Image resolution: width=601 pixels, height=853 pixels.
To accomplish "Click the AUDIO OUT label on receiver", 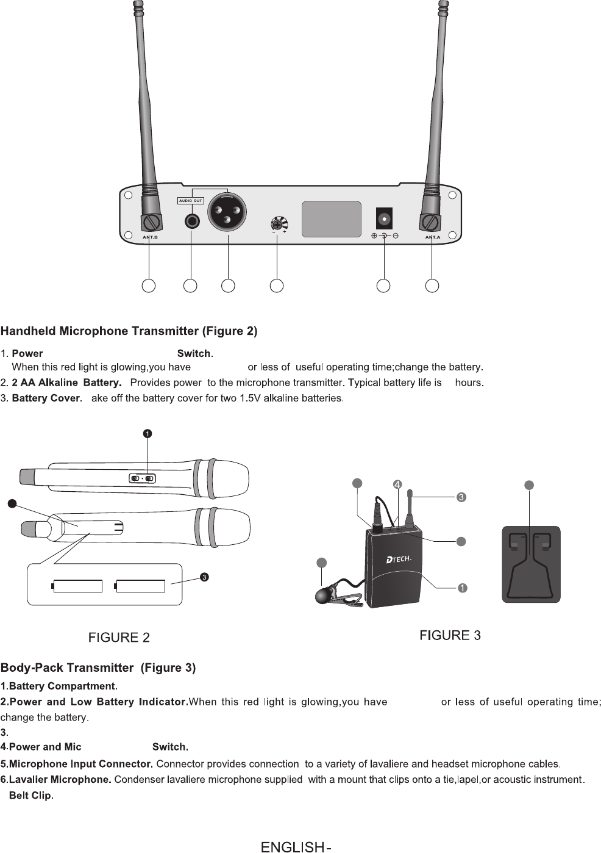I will (190, 201).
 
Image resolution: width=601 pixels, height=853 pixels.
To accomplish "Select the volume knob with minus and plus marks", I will (279, 223).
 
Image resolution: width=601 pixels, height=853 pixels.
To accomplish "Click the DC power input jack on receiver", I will (384, 218).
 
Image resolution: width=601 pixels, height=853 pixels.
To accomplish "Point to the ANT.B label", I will (150, 237).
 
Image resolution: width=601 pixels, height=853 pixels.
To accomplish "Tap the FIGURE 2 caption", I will (119, 638).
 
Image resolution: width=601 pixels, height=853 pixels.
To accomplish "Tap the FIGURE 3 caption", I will (450, 636).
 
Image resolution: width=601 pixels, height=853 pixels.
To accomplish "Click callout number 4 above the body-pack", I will (397, 484).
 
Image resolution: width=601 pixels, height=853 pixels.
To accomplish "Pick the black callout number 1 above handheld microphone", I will (148, 433).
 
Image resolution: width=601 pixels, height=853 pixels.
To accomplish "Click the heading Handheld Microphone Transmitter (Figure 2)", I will (129, 331).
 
